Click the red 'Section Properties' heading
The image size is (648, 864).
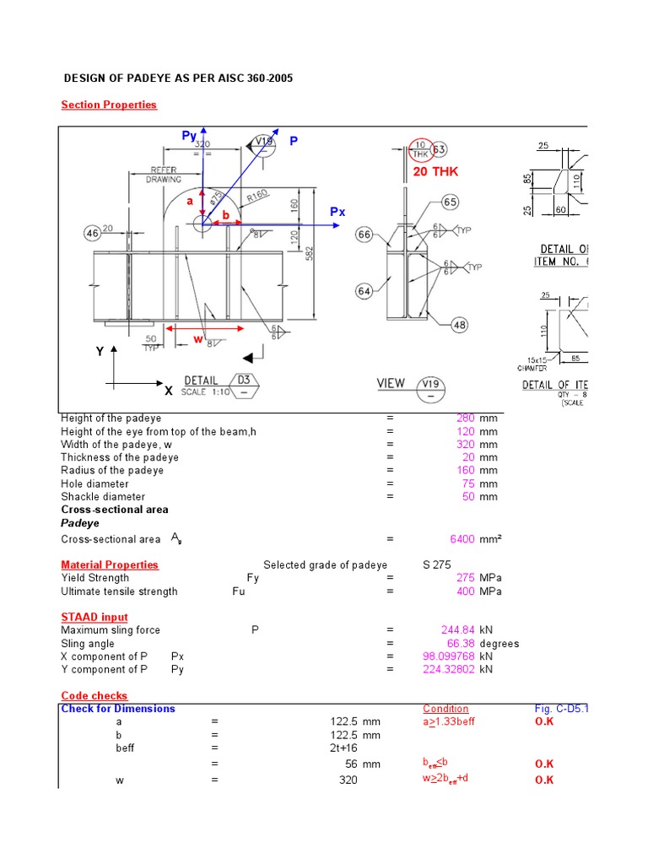pos(109,105)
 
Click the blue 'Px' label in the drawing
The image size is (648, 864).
pos(337,212)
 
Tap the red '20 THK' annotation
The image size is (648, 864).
pos(435,171)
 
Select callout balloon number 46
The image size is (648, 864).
pos(92,232)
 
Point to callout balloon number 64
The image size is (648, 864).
pos(364,291)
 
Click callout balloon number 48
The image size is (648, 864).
pos(460,324)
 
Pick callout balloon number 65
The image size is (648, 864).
pos(450,202)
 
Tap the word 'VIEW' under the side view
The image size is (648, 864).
pos(391,383)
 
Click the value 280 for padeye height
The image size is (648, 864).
pos(466,418)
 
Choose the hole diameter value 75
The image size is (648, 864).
pos(469,483)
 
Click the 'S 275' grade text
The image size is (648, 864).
pos(437,565)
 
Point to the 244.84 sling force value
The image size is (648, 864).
pos(458,629)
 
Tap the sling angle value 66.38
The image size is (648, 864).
pos(462,643)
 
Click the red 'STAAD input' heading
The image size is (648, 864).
pos(94,617)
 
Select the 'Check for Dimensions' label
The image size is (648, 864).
pos(118,709)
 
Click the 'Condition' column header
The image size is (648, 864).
pos(445,709)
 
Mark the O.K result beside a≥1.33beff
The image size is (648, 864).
pos(544,722)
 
